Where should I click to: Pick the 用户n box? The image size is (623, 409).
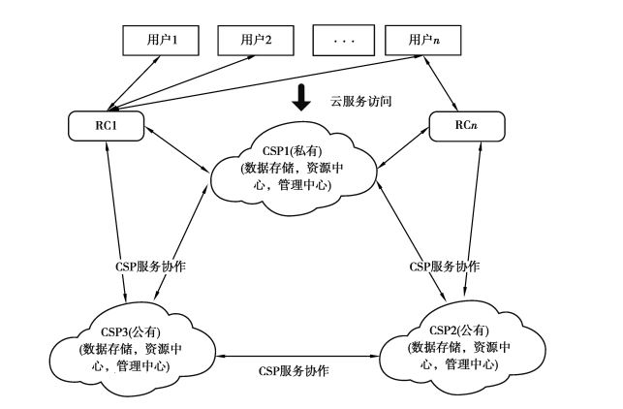click(x=422, y=40)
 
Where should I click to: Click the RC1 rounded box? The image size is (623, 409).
click(x=108, y=125)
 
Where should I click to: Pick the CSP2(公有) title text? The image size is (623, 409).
click(x=453, y=330)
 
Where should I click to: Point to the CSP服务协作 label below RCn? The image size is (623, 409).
click(x=446, y=265)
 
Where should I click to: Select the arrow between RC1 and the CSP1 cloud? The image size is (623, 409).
click(x=175, y=153)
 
